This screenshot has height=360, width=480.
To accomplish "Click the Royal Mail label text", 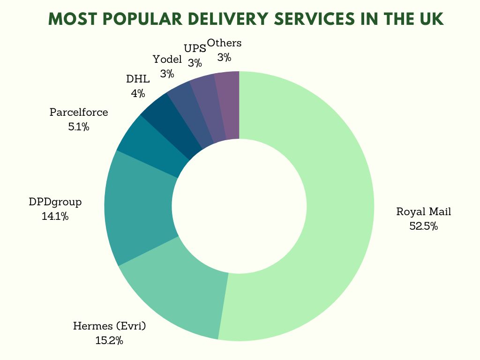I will point(423,211).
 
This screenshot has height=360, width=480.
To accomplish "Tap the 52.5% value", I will point(423,226).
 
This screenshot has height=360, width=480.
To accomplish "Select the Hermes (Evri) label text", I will point(110,326).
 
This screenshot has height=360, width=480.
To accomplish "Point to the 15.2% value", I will point(109,341).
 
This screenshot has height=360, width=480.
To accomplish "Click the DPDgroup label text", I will point(55,202).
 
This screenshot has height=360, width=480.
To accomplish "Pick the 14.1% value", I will point(55,217).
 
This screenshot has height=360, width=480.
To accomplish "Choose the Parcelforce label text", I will point(79,112).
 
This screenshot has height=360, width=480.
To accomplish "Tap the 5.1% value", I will point(79,127).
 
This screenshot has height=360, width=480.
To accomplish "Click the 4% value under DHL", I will point(138,93).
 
